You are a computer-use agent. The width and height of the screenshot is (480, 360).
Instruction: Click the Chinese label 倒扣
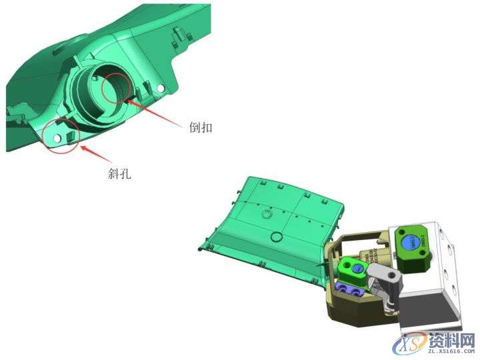[x=201, y=127]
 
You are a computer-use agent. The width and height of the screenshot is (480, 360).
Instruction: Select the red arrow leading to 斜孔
[x=95, y=153]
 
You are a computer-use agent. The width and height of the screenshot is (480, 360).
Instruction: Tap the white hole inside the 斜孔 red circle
[x=57, y=137]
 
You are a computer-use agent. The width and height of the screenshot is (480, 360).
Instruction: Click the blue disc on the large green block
[x=410, y=243]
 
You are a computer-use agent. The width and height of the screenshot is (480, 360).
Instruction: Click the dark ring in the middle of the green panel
[x=275, y=237]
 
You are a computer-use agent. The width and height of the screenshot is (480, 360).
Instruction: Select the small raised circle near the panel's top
[x=267, y=214]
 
